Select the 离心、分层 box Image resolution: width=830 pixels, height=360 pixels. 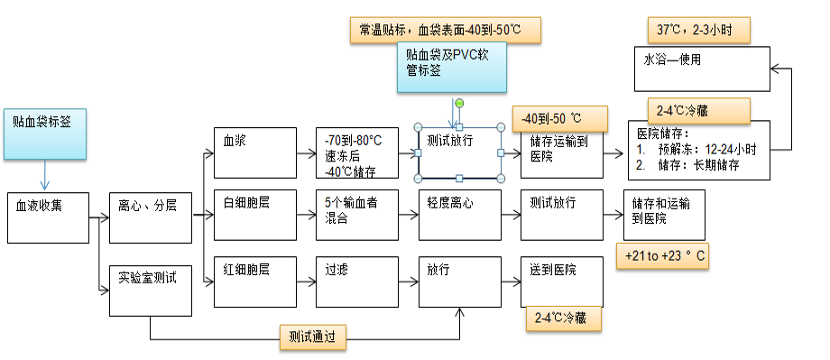(150, 217)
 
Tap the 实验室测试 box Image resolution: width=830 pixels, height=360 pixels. (150, 290)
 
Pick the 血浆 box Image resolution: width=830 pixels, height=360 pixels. (254, 152)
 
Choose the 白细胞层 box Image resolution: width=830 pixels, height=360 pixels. (254, 215)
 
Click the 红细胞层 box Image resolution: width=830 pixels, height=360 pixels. (254, 282)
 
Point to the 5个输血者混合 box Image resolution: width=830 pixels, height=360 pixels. (356, 215)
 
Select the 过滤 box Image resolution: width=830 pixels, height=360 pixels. (356, 282)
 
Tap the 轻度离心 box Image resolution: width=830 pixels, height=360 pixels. (459, 215)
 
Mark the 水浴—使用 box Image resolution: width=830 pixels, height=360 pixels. (703, 69)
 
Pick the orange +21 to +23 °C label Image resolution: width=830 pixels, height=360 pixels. (665, 257)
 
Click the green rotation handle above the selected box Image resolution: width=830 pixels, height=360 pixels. (459, 104)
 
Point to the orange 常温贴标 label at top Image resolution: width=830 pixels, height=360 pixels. (445, 30)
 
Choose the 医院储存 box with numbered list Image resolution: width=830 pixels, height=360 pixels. (698, 148)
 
